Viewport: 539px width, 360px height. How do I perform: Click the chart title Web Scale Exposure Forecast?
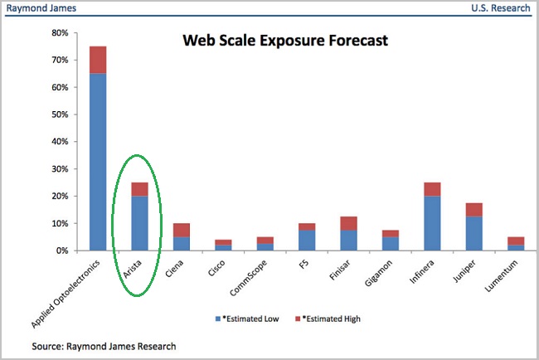[285, 41]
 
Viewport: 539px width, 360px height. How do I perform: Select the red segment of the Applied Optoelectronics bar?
[98, 60]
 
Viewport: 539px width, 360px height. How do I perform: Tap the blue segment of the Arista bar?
[140, 223]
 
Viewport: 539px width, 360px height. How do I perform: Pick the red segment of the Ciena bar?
[182, 230]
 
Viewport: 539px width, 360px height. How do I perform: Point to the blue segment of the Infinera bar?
[432, 223]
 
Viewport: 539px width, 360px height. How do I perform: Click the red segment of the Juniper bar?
[474, 210]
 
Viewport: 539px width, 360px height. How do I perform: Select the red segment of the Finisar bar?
[349, 223]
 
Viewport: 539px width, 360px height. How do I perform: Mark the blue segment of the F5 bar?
[307, 241]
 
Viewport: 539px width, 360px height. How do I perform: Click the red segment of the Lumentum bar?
[516, 241]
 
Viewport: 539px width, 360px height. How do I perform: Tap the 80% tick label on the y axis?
[61, 33]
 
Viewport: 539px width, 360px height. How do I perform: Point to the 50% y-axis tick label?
[61, 114]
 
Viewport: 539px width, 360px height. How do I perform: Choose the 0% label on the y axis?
[62, 251]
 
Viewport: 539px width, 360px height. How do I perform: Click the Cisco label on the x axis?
[216, 268]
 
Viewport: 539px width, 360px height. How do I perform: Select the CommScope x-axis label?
[248, 278]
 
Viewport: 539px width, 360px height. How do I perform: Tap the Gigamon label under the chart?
[378, 273]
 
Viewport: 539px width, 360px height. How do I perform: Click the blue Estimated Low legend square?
[218, 319]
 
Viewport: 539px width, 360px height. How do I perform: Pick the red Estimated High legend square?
[298, 319]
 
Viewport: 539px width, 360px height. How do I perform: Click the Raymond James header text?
[41, 8]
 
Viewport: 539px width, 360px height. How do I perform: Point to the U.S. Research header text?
[501, 8]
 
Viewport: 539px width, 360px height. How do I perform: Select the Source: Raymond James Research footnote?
[104, 346]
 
